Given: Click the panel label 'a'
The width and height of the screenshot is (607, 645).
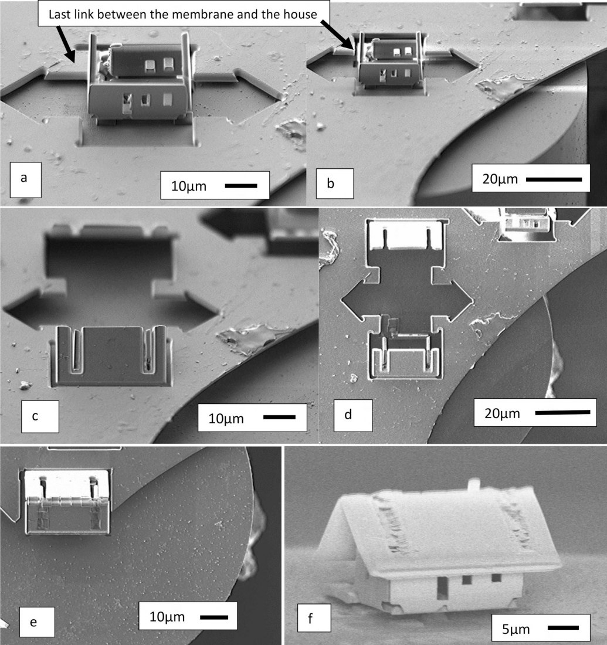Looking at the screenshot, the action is [24, 178].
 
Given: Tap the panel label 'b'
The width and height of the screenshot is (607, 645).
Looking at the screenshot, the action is [330, 183].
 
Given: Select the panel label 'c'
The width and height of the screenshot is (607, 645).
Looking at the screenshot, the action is [35, 416].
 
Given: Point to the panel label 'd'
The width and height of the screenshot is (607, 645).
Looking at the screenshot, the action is [348, 414].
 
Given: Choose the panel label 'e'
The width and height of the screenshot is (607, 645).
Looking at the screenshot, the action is [33, 622].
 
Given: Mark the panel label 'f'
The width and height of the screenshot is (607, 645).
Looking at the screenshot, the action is [310, 618].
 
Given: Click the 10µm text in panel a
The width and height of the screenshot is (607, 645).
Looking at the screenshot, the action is [188, 186].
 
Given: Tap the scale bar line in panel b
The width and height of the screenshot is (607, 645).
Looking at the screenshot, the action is [554, 179].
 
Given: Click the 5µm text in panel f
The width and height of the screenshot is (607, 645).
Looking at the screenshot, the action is [516, 629].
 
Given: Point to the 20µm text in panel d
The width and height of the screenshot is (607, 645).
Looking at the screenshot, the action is [502, 413].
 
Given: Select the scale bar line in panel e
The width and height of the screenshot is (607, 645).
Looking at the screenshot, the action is [214, 617].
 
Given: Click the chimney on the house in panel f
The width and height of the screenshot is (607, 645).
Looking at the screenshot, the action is [474, 484].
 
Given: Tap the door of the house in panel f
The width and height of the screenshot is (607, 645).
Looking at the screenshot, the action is [442, 588].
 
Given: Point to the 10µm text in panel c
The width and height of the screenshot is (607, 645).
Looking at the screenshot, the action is [226, 419].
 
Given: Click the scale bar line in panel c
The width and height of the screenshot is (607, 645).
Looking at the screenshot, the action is [279, 417].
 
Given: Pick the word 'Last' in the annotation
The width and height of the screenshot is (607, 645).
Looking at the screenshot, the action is [58, 14].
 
